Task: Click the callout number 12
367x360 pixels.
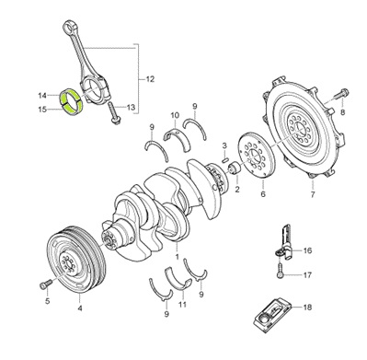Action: tap(150, 79)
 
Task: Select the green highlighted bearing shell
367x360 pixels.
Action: tap(71, 102)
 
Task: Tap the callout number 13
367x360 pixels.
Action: tap(131, 108)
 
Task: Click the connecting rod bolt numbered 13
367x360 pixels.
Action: tap(114, 113)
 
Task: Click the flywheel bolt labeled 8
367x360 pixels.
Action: tap(340, 94)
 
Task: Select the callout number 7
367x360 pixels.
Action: tap(313, 194)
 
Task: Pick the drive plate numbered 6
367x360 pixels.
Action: tap(257, 155)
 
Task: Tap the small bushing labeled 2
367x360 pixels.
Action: tap(235, 168)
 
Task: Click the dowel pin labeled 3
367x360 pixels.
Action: tap(225, 159)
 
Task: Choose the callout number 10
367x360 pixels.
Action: tap(175, 115)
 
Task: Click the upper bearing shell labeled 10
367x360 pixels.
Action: tap(177, 136)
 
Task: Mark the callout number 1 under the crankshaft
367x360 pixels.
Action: tap(177, 257)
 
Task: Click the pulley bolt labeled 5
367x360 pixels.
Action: tap(45, 285)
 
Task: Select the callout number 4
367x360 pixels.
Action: tap(80, 308)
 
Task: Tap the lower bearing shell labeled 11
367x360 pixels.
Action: tap(178, 278)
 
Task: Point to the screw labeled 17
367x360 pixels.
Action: tap(281, 271)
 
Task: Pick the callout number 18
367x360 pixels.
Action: tap(307, 307)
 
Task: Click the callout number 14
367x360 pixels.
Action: tap(42, 96)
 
